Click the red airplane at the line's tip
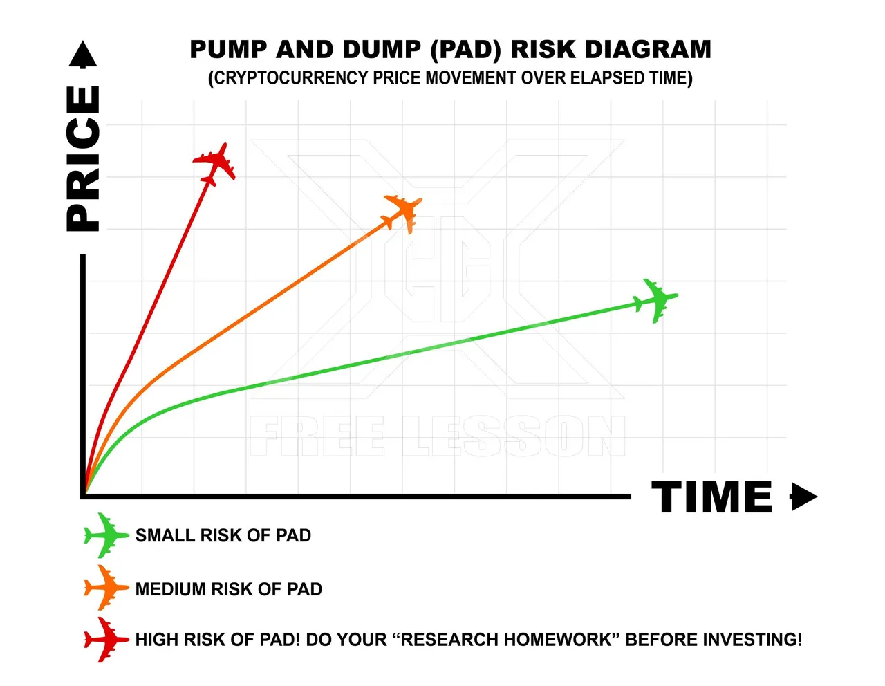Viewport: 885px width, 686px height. coord(214,164)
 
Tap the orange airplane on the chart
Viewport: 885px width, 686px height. coord(403,213)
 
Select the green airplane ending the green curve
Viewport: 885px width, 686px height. coord(655,300)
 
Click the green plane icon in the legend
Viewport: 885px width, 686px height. coord(106,535)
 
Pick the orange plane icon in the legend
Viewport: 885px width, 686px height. coord(106,587)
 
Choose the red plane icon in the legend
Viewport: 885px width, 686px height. coord(106,640)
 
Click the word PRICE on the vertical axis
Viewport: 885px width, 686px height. coord(83,159)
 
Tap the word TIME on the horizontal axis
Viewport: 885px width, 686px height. coord(711,497)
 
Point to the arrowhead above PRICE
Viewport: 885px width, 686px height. coord(83,54)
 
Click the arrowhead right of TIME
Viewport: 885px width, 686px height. coord(803,497)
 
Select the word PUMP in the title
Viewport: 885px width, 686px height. coord(228,50)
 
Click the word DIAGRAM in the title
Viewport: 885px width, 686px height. coord(648,50)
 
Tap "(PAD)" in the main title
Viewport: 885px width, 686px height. coord(465,50)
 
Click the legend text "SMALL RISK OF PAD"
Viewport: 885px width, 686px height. coord(223,535)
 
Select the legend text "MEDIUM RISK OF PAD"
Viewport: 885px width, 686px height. coord(229,589)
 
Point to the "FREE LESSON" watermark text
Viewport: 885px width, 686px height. coord(438,436)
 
